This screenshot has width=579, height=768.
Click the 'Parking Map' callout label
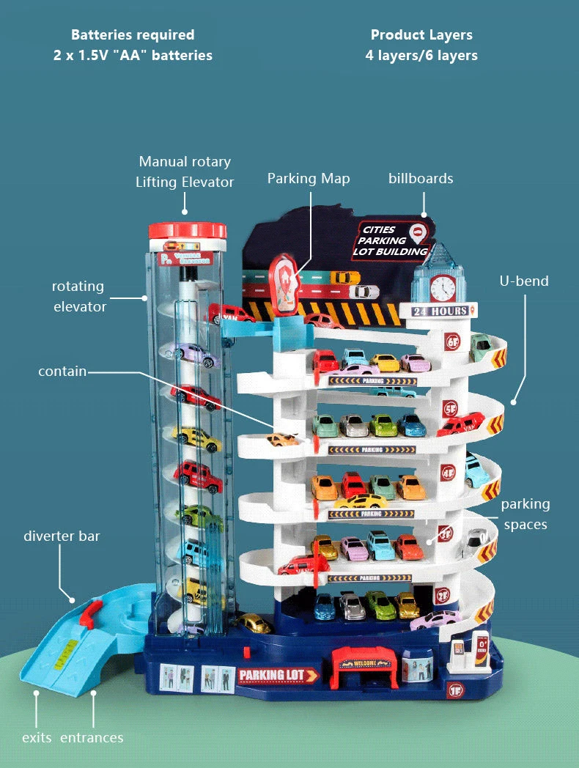309,179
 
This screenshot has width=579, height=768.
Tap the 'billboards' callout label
421,179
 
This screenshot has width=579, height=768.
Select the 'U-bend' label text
524,281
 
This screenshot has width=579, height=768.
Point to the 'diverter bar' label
62,536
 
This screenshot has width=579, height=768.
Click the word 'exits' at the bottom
37,737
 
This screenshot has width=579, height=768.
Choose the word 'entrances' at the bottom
92,737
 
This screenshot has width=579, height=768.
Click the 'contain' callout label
62,372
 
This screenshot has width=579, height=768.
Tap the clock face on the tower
442,287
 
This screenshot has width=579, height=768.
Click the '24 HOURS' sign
440,311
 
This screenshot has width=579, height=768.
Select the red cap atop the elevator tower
187,231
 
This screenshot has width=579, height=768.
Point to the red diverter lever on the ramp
88,614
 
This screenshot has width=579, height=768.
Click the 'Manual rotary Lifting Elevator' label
185,171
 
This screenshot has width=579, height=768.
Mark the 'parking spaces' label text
525,514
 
